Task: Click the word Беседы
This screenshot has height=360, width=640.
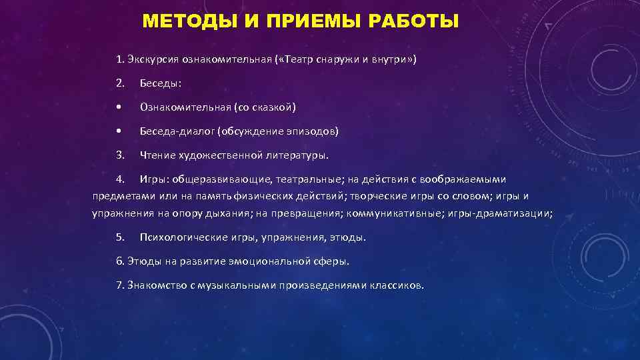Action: [x=161, y=84]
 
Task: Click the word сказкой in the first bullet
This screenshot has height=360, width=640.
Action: [x=273, y=107]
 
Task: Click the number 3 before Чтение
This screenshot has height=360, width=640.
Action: [x=119, y=155]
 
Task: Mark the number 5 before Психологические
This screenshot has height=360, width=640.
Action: [x=119, y=237]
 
